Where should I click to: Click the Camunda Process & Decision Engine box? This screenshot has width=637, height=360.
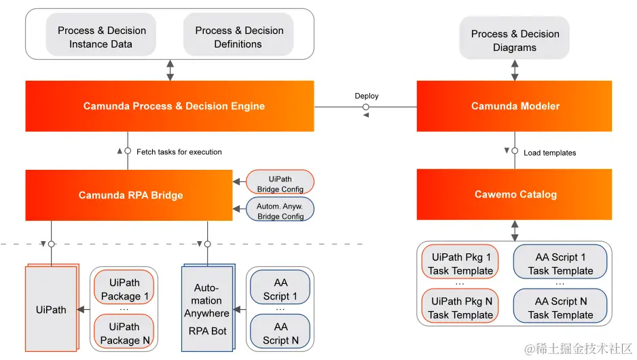tap(170, 106)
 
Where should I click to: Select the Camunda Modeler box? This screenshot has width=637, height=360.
tap(515, 106)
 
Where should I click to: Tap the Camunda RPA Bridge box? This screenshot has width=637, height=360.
tap(129, 195)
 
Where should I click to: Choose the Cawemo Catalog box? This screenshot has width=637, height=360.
tap(515, 194)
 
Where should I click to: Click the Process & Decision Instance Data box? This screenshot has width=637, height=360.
tap(101, 37)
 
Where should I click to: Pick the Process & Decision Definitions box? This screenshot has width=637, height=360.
tap(238, 37)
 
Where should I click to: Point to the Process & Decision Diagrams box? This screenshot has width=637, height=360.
tap(514, 41)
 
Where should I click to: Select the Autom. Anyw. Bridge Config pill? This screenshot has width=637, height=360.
tap(280, 210)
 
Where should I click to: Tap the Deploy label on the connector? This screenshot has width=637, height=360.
tap(366, 96)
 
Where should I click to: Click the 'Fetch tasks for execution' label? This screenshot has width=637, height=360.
tap(179, 151)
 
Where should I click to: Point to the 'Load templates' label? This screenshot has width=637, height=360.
tap(549, 153)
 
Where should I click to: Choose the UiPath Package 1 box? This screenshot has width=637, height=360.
tap(124, 289)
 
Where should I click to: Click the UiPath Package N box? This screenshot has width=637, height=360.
tap(124, 333)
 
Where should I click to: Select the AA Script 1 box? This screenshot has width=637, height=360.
tap(280, 289)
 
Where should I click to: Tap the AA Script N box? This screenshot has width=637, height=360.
tap(280, 333)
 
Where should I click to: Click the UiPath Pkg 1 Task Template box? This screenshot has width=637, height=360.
tap(460, 264)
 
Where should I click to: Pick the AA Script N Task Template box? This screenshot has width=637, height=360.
tap(560, 308)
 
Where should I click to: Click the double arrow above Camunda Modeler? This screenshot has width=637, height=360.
tap(515, 70)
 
